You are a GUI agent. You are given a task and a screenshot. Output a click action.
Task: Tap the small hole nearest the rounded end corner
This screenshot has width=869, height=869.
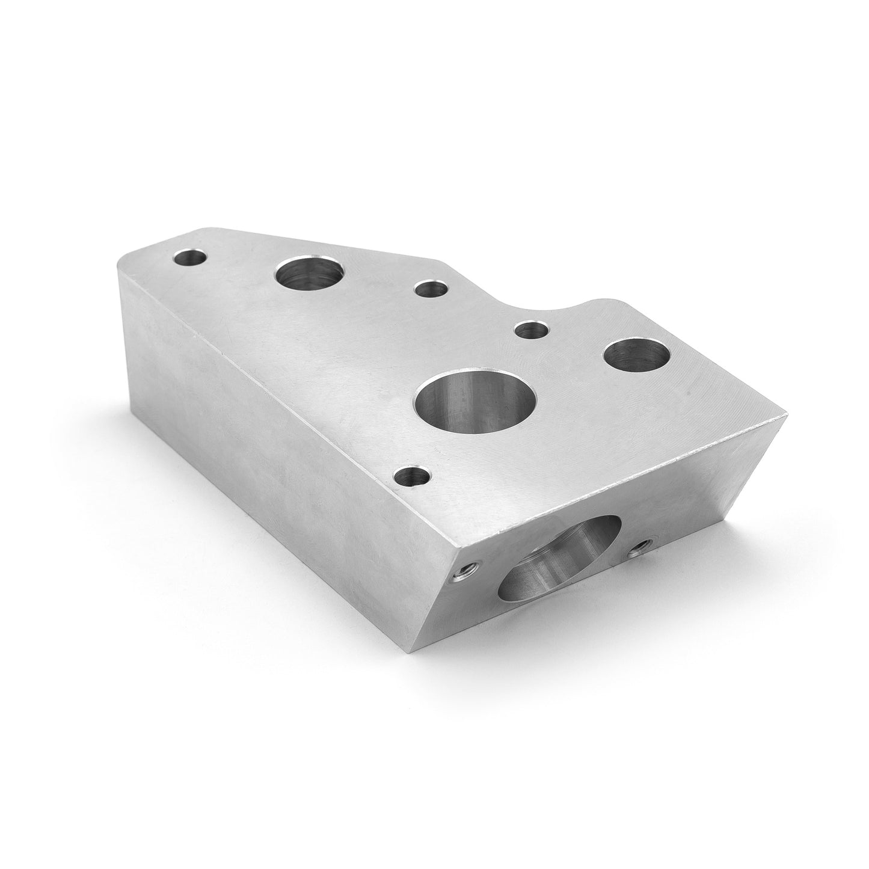click(189, 258)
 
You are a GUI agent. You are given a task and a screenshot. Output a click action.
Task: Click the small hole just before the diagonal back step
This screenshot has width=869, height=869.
click(431, 289)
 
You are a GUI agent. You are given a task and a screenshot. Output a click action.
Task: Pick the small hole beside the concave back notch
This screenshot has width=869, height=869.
click(533, 330)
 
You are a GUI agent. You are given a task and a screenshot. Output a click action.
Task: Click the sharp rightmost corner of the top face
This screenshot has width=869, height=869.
click(785, 413)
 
